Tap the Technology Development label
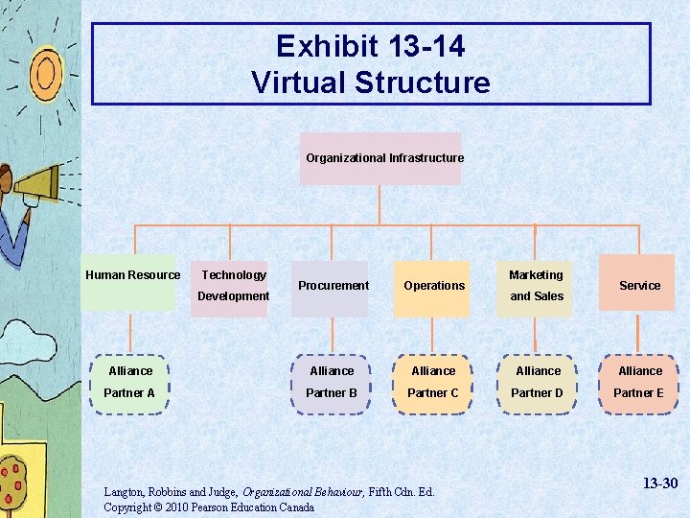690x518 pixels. coord(233,285)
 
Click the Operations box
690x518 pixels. coord(434,288)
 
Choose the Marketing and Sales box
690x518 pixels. coord(536,286)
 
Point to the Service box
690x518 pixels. coord(638,285)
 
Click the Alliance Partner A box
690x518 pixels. coord(130,382)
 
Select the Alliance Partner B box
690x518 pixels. coord(332,382)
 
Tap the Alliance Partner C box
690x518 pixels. coord(433,382)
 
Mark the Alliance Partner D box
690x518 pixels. coord(538,382)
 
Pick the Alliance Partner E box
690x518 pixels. coord(639,382)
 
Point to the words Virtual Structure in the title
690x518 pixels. coord(371,83)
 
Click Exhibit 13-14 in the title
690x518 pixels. coord(371,46)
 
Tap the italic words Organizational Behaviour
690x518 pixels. coord(298,492)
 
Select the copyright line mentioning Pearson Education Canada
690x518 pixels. coord(208,507)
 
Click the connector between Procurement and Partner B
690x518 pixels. coord(332,335)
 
